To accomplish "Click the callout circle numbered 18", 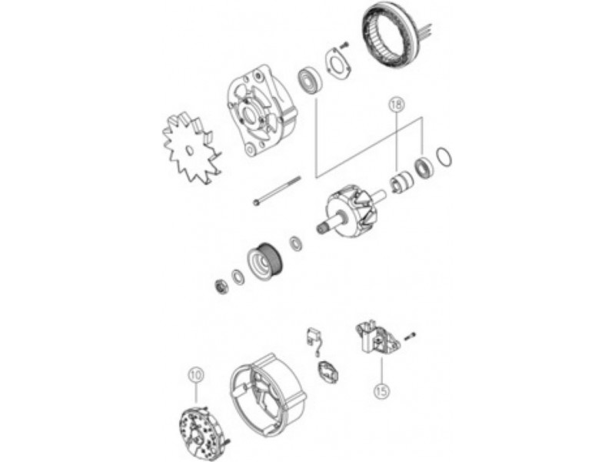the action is tap(397, 105).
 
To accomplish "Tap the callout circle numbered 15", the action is tap(381, 390).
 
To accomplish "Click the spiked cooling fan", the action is tap(191, 149).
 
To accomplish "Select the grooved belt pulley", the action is tap(265, 262).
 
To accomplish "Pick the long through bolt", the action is tap(277, 190).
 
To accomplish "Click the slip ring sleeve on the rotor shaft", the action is tap(401, 182).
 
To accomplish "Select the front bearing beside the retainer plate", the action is tap(310, 82).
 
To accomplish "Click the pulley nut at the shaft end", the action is tap(221, 286).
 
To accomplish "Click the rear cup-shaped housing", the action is tap(268, 392).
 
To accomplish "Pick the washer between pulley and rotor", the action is tap(295, 243).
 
